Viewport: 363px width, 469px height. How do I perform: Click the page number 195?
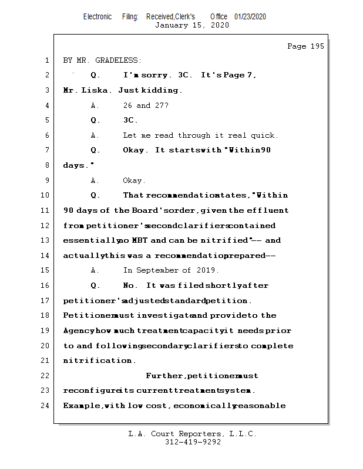(316, 46)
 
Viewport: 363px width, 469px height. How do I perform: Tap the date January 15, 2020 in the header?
(191, 25)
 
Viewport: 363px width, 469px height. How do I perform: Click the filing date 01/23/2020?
(250, 16)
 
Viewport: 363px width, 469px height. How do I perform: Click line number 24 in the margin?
(45, 406)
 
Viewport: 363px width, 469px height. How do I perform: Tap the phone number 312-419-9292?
(193, 442)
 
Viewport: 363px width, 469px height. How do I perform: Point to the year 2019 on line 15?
(209, 270)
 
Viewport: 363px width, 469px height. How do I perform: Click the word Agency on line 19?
(78, 331)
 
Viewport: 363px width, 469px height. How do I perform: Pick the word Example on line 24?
(82, 406)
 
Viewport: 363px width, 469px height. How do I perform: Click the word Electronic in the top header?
(98, 16)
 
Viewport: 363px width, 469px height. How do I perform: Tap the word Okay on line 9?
(134, 181)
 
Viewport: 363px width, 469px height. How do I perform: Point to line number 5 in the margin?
(47, 120)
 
